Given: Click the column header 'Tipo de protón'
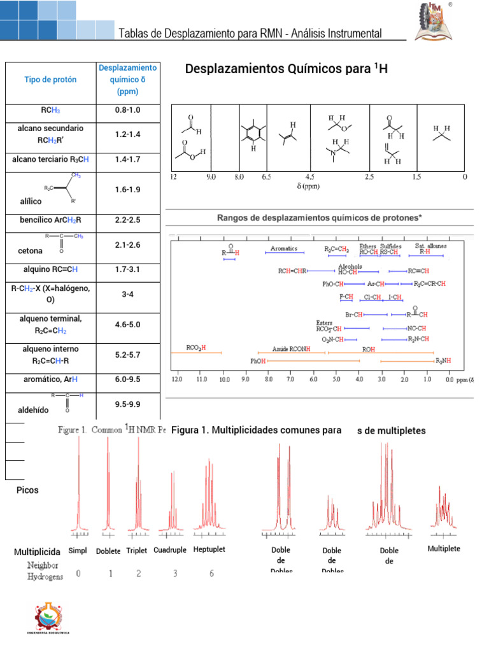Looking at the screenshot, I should [50, 80].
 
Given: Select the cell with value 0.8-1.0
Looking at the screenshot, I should [127, 110].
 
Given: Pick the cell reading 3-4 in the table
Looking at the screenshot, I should [127, 294].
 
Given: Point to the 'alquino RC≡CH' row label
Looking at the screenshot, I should [50, 269].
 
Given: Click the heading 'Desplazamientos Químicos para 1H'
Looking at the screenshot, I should [286, 69].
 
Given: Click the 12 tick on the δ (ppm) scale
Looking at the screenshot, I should [173, 176].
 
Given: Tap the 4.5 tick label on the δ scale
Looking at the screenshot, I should [309, 176].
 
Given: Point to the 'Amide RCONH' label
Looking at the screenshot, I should [292, 349].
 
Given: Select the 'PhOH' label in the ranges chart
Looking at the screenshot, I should [258, 361].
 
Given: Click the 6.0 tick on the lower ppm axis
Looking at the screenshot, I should [313, 380].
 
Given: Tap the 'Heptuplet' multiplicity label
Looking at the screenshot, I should [209, 549].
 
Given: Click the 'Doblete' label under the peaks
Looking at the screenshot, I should [108, 551].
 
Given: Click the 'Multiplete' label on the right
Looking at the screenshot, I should [444, 548].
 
